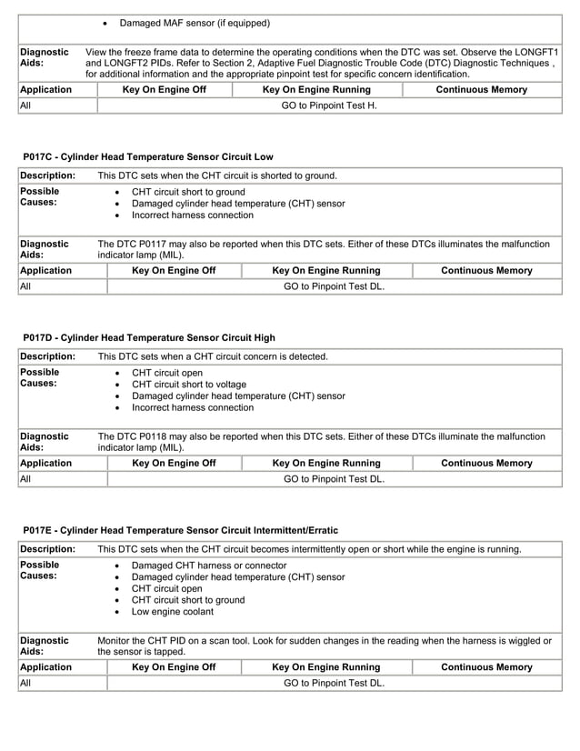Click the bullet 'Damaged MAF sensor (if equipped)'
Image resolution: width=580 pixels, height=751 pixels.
(x=195, y=23)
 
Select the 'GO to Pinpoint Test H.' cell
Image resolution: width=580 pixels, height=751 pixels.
(x=328, y=105)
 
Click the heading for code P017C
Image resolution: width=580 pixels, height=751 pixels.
(x=148, y=156)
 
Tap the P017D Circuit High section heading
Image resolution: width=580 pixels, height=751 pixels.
(x=149, y=337)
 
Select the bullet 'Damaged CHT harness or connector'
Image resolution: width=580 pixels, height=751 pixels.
(x=209, y=565)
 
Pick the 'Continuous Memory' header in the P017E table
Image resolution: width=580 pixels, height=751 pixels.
(x=486, y=666)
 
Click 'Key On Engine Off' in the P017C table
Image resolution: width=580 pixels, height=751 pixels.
(x=174, y=270)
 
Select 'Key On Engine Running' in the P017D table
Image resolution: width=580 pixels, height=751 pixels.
(x=326, y=463)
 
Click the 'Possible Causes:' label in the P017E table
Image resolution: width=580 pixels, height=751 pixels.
(x=41, y=570)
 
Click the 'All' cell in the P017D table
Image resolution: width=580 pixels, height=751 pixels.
(x=25, y=478)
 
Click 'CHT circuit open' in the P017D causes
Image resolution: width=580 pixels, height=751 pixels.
(x=167, y=373)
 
